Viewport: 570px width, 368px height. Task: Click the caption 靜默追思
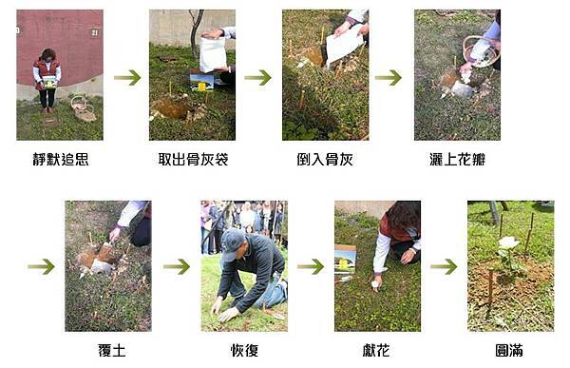61,160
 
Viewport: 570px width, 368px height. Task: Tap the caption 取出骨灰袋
193,160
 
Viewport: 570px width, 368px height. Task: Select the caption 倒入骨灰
325,160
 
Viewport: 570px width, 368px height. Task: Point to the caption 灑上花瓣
457,160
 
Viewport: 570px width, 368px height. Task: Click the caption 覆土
111,351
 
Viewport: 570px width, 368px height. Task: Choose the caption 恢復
244,351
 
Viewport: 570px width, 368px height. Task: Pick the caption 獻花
376,351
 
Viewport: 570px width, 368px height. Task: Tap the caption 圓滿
509,351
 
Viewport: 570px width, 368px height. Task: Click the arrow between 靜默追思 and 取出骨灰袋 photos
127,78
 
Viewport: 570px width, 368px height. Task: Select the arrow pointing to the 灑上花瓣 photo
389,78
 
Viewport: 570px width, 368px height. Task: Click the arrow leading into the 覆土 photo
41,267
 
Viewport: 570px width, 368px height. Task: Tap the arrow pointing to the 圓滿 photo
444,267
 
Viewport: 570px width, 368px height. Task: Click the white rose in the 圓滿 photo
508,242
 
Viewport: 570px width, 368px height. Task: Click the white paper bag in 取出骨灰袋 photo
213,54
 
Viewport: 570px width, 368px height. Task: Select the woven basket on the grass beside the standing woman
84,108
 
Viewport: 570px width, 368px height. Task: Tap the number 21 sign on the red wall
94,32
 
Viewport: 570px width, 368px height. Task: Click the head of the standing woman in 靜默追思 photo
48,55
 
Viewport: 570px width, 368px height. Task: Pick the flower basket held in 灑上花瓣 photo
481,51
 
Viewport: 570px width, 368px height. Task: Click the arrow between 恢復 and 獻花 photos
311,267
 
